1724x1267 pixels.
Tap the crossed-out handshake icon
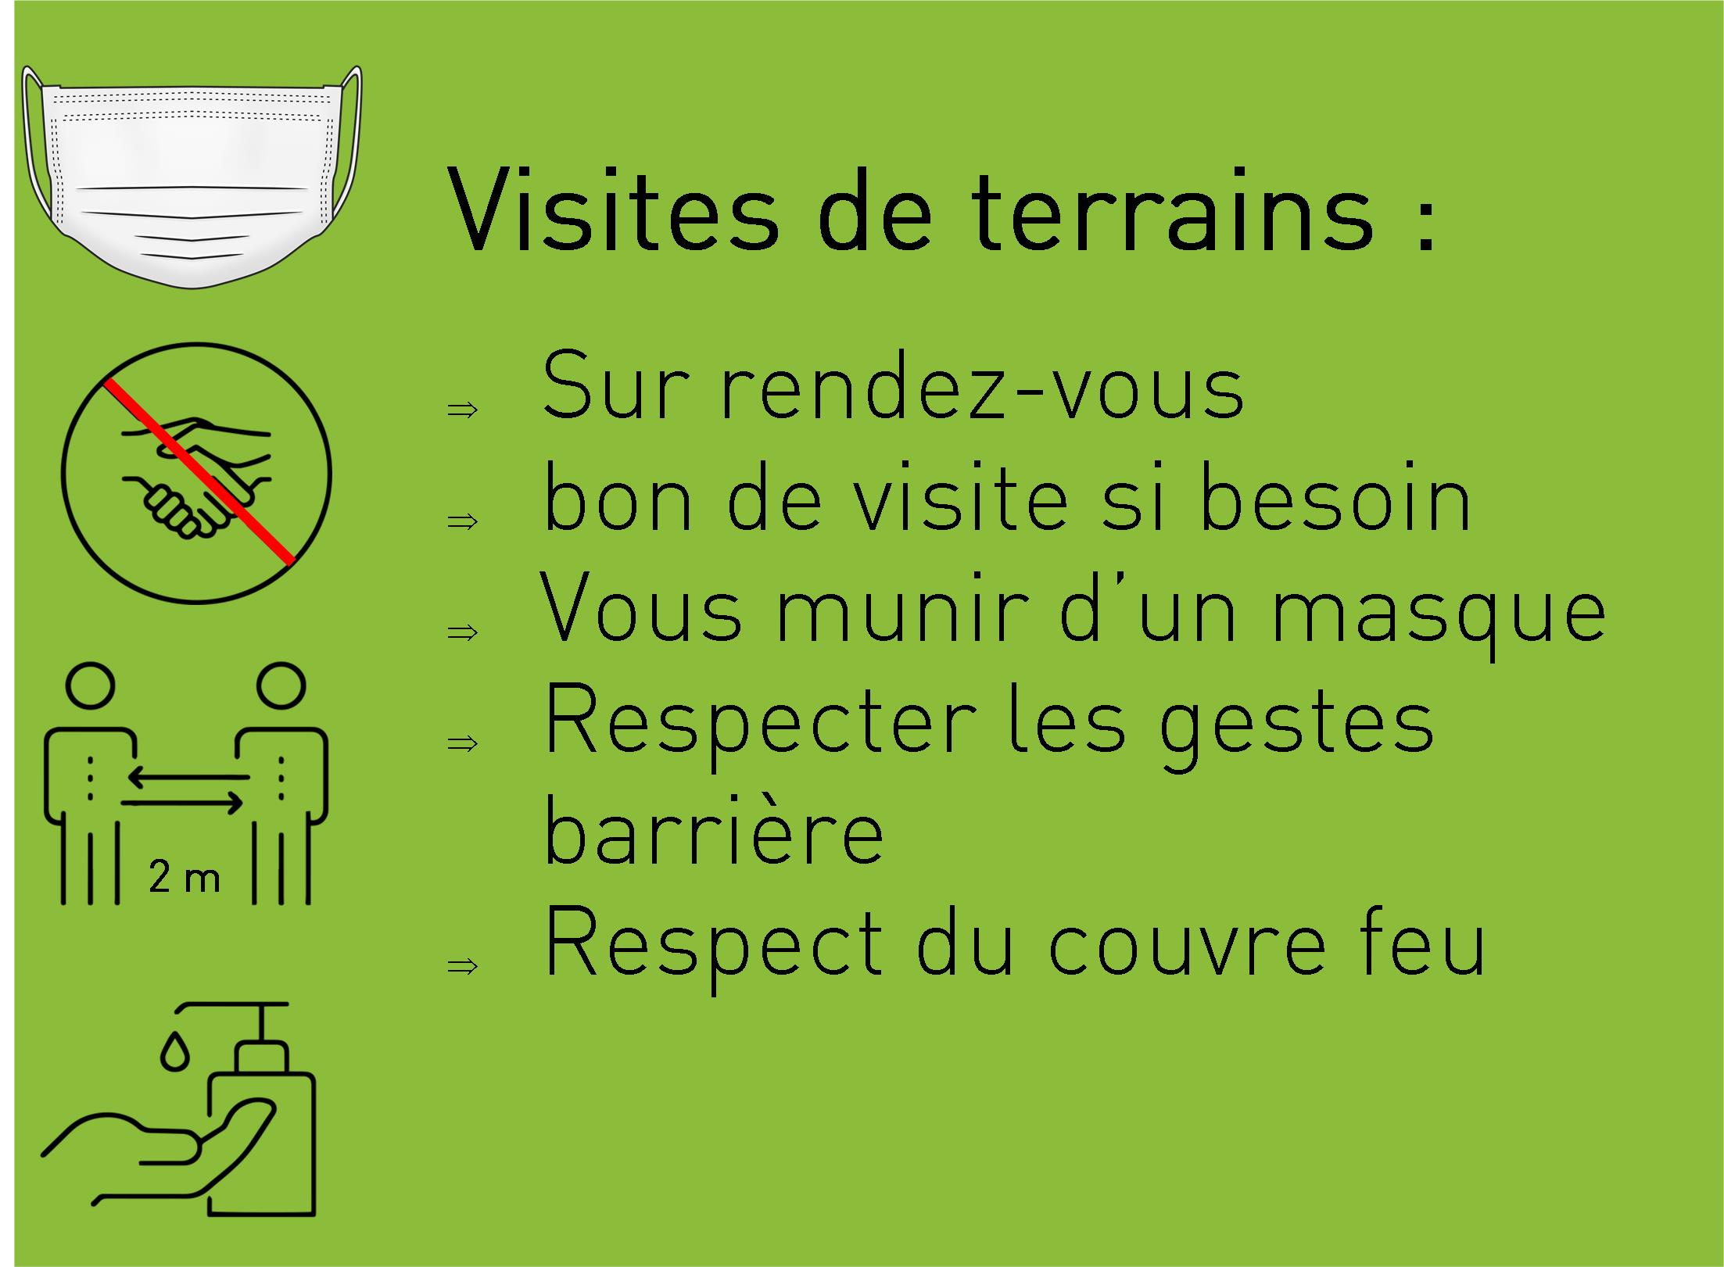tap(196, 474)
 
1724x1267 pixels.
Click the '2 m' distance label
tap(185, 878)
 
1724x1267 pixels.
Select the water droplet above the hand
tap(175, 1052)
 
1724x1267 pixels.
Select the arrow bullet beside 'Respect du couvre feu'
tap(462, 966)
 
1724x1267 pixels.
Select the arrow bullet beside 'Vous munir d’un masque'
tap(462, 631)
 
